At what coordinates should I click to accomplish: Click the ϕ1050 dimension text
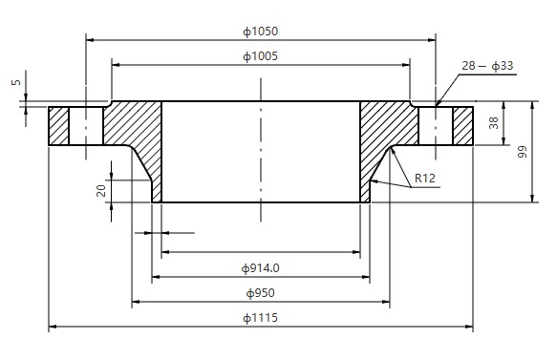coord(260,32)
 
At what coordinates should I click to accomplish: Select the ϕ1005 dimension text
coord(260,56)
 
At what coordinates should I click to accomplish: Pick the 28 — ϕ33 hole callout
coord(487,66)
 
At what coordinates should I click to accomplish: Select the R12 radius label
coord(425,179)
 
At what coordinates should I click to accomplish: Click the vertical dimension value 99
coord(523,153)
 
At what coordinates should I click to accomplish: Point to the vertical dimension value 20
coord(101,190)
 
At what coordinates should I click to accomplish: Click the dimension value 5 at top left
coord(15,83)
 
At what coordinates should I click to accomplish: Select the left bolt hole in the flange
coord(86,125)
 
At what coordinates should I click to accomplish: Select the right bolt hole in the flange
coord(436,125)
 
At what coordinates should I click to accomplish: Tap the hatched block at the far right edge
coord(463,125)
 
